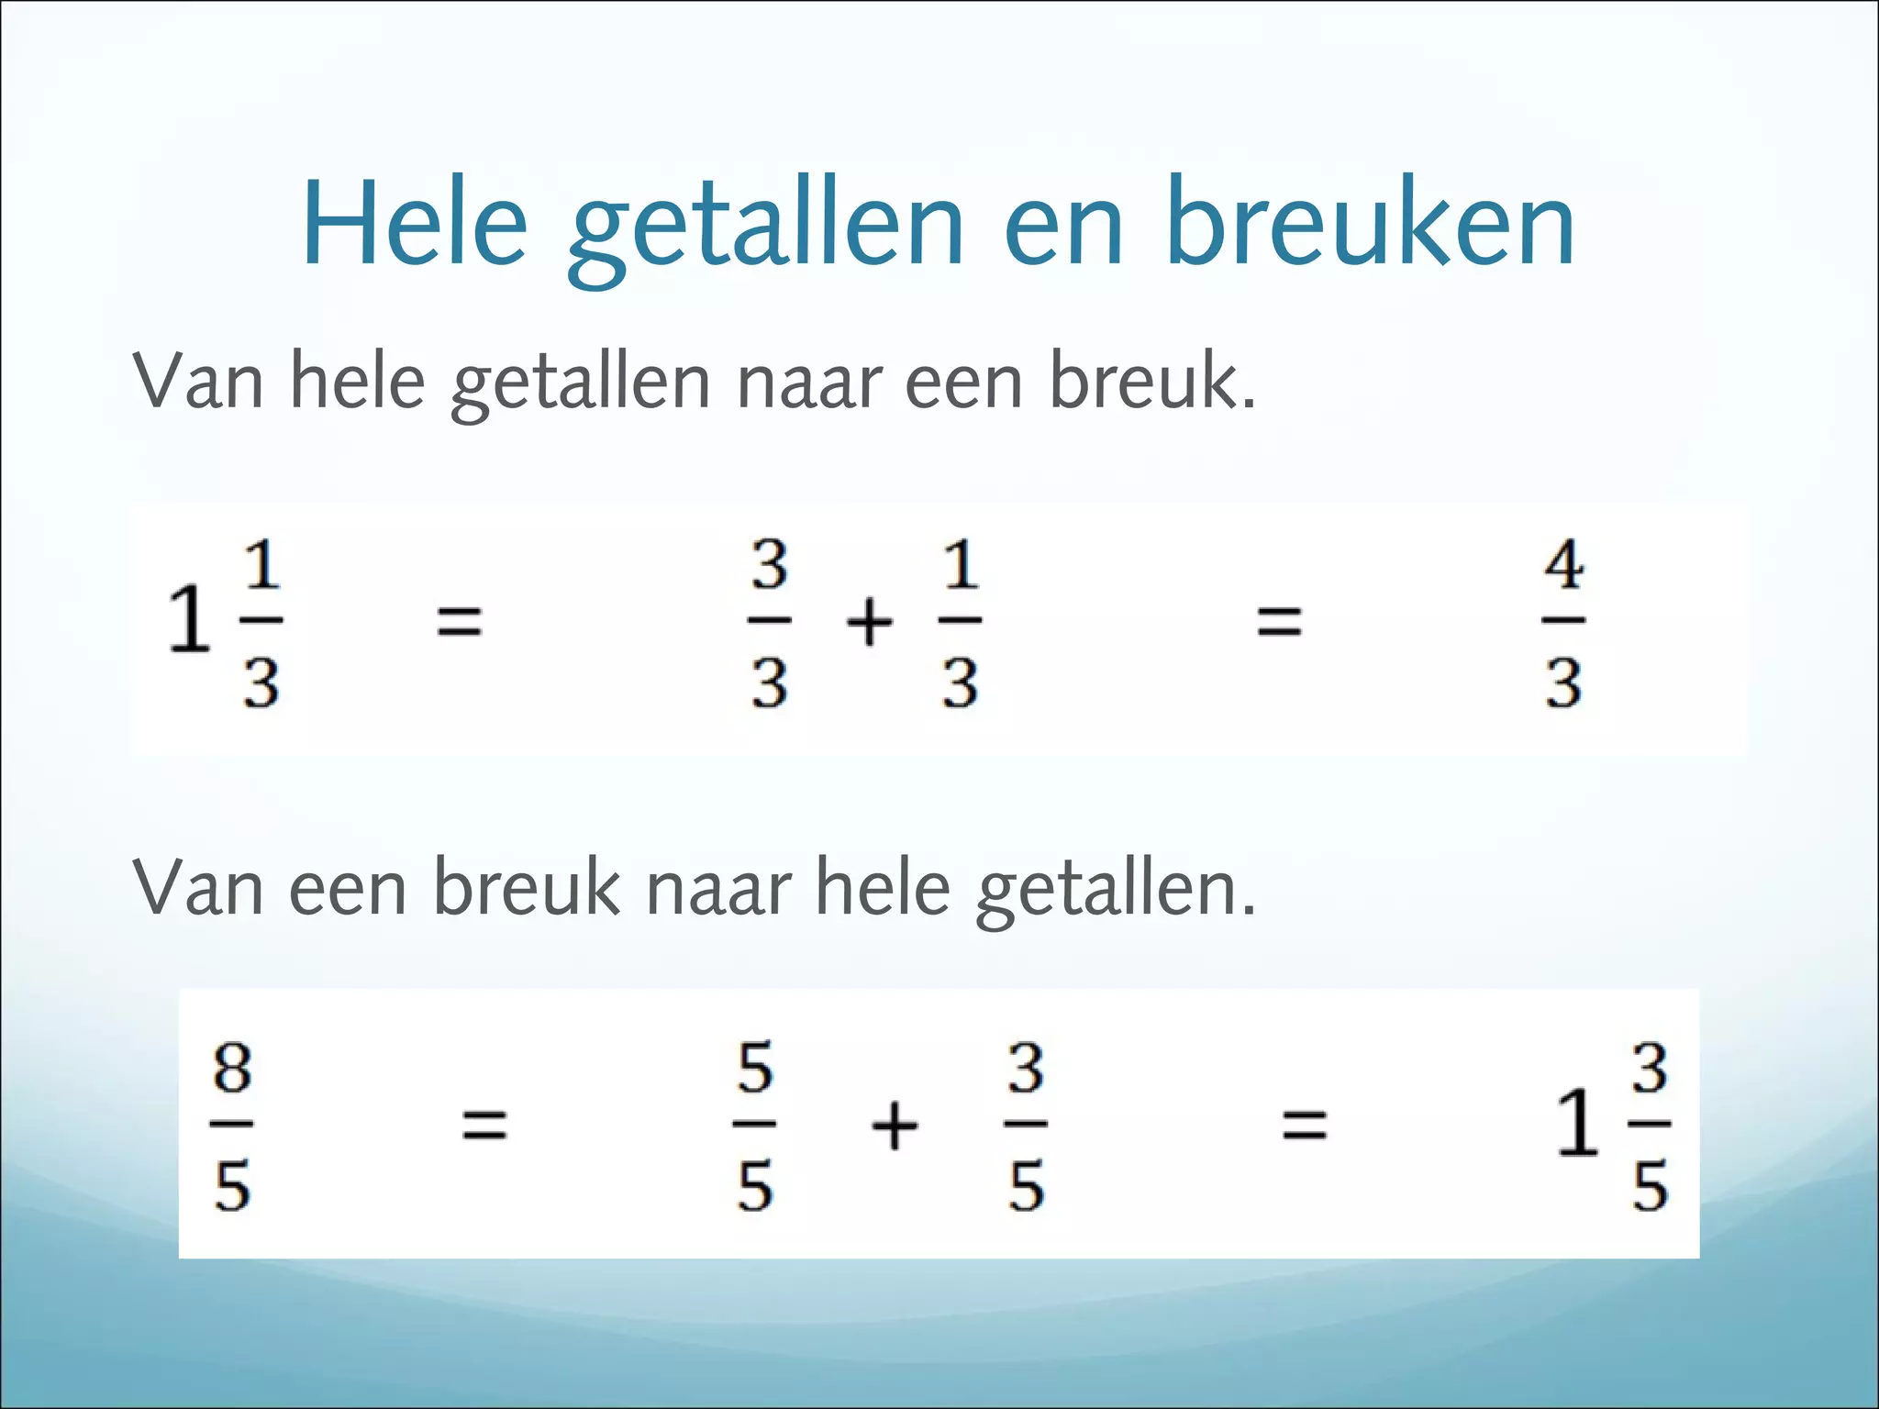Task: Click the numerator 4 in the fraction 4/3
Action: pyautogui.click(x=1563, y=564)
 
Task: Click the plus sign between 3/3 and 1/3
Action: pyautogui.click(x=868, y=622)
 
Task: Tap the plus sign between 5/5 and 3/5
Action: pyautogui.click(x=894, y=1125)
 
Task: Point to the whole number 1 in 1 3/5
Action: pyautogui.click(x=1578, y=1123)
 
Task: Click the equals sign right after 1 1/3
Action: pyautogui.click(x=459, y=621)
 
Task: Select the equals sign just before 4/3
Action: pyautogui.click(x=1279, y=621)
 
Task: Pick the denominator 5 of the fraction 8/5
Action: pyautogui.click(x=232, y=1186)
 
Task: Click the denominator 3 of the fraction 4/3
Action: pyautogui.click(x=1563, y=683)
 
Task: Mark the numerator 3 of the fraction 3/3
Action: pyautogui.click(x=769, y=564)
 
